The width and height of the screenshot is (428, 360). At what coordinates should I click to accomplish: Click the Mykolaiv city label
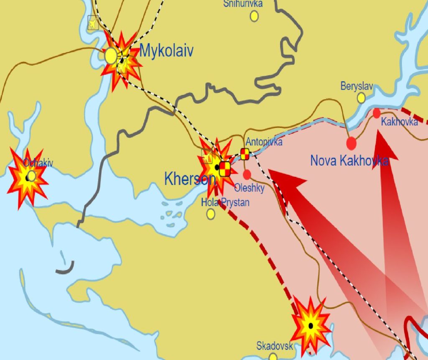point(166,51)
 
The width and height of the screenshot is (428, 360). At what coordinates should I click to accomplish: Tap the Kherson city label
point(190,179)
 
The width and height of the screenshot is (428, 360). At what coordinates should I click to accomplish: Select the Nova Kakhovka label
point(349,161)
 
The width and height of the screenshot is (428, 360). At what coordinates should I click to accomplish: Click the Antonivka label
point(264,142)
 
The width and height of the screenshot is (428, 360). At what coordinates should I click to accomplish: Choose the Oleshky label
point(250,188)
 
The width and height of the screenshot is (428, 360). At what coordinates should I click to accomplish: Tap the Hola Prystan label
point(225,203)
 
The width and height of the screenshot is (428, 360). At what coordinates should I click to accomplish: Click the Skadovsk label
point(275,346)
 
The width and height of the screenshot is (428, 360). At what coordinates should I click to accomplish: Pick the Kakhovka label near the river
point(400,122)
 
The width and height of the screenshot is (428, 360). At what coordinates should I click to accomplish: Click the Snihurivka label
point(243,4)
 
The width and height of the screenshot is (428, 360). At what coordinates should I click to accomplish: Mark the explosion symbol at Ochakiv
point(28,177)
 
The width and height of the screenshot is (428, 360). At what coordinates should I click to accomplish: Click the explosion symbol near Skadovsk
point(311,325)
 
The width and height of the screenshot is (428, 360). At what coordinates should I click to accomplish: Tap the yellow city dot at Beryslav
point(361,98)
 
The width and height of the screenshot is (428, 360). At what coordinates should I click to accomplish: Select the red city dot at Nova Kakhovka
point(352,143)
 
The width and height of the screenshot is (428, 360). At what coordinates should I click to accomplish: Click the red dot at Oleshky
point(247,174)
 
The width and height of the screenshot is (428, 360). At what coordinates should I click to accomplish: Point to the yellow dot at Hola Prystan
point(211,214)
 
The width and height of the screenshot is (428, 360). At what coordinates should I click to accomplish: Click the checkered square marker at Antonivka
point(245,154)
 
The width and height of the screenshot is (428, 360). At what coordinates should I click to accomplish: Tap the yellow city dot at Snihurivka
point(254,16)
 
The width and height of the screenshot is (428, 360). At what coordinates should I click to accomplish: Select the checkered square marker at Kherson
point(225,169)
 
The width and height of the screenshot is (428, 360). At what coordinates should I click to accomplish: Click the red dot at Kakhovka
point(377,113)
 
